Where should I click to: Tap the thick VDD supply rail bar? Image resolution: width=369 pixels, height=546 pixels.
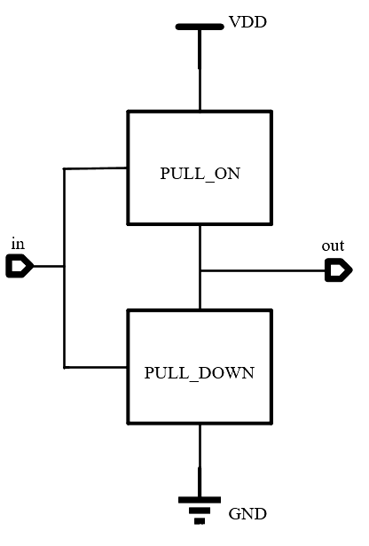200,27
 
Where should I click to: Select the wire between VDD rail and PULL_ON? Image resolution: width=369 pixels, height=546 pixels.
200,71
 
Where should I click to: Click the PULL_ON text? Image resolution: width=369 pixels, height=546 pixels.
200,174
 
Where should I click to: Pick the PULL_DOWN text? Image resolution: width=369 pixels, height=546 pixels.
200,373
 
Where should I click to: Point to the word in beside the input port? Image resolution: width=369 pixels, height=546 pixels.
17,243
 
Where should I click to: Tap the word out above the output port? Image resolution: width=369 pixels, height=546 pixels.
333,246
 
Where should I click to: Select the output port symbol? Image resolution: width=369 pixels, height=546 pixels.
338,270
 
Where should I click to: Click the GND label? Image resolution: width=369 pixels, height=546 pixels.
247,514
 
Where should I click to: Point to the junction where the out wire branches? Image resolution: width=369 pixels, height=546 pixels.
200,270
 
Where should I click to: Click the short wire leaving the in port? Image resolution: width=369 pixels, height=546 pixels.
49,266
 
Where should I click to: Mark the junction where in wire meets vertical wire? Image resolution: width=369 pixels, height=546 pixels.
64,266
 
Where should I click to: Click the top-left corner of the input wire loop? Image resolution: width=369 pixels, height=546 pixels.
64,168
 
